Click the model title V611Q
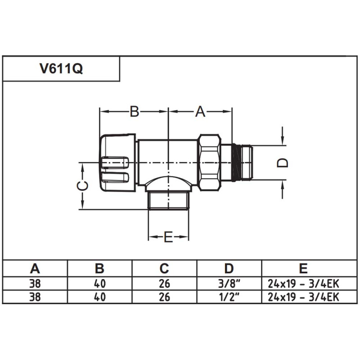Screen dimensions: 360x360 point(61,69)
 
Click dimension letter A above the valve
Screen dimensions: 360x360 point(200,112)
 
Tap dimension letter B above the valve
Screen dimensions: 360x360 point(134,112)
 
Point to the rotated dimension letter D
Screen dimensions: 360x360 point(282,162)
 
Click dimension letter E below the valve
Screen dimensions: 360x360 point(168,237)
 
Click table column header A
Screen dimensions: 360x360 point(35,269)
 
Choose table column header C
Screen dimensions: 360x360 point(164,269)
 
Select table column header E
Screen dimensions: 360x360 point(303,269)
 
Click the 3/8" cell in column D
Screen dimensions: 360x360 point(229,283)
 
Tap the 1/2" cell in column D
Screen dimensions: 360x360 point(229,297)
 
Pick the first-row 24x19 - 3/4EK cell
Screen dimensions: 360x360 point(303,283)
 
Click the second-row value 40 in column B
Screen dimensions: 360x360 point(99,297)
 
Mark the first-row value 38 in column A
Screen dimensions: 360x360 point(35,283)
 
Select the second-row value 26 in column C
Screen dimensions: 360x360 point(164,297)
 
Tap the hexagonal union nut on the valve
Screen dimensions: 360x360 point(209,162)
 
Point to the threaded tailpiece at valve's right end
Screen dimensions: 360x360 point(243,162)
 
